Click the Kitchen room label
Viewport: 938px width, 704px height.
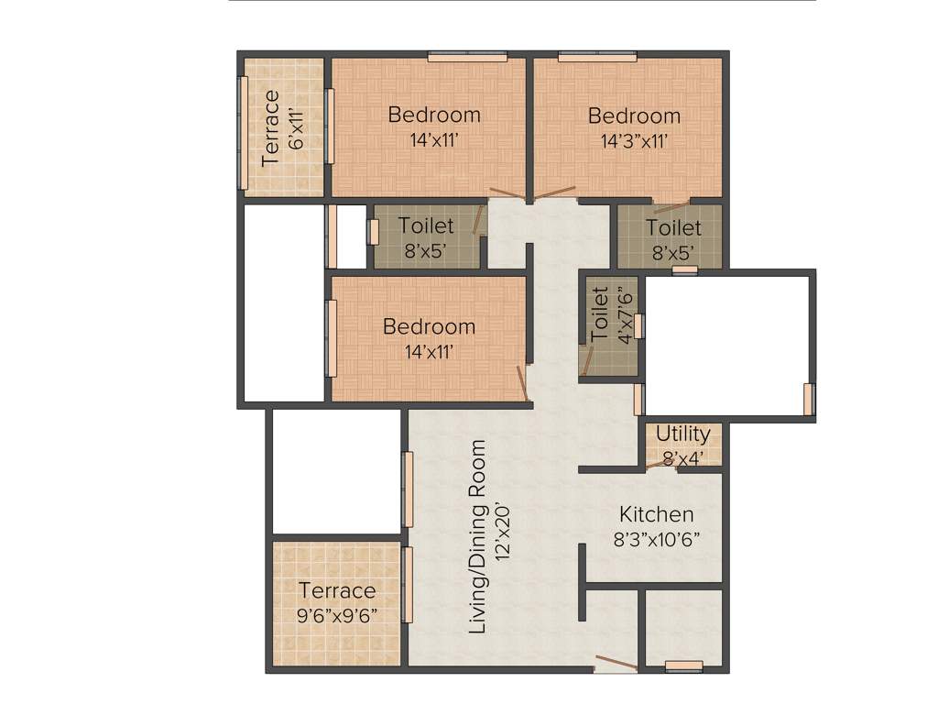point(656,514)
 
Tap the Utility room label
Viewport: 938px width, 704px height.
point(682,434)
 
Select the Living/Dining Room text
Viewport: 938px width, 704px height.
point(477,537)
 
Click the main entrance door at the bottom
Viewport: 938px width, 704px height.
point(615,664)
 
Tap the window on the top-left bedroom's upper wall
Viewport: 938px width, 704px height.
point(467,57)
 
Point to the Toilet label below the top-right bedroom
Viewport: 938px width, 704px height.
point(673,227)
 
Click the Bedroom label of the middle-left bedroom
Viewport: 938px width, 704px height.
point(429,326)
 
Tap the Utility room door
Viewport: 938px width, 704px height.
point(660,463)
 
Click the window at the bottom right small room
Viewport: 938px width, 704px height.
point(683,666)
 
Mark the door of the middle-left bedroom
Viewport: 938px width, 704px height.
point(523,382)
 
